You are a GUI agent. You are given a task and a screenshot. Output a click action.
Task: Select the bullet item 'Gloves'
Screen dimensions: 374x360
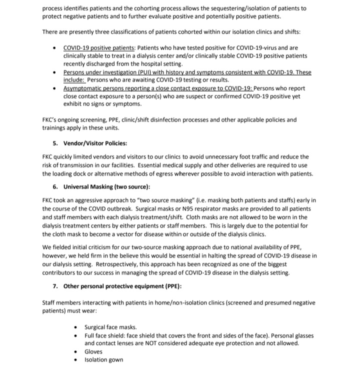93,351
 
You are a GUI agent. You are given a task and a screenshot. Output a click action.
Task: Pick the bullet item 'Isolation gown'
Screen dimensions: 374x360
103,360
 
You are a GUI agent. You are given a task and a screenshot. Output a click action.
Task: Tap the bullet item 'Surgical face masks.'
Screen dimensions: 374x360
110,327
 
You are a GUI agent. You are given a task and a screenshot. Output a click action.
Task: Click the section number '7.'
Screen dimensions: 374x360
56,286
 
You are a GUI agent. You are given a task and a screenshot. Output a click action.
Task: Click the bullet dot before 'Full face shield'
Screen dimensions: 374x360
75,335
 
